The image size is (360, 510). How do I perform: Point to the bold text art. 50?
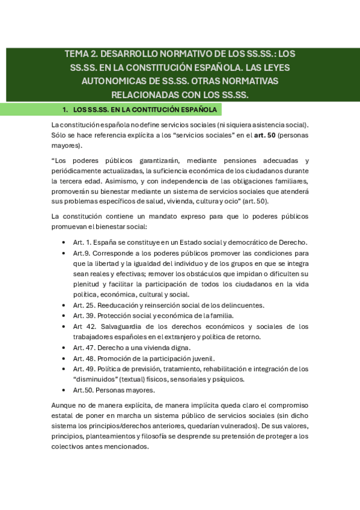click(251, 136)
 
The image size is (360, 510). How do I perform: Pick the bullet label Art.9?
click(81, 253)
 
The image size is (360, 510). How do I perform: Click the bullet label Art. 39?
click(84, 316)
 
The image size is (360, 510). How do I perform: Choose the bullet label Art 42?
click(83, 327)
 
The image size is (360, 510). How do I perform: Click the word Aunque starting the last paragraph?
click(64, 405)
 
